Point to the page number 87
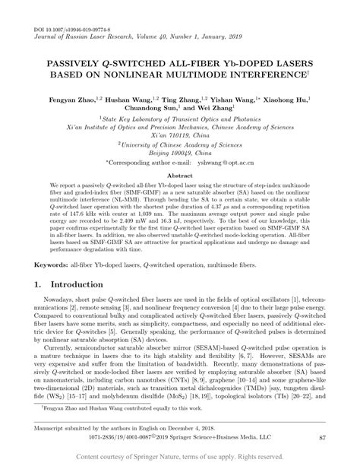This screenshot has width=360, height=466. [x=322, y=439]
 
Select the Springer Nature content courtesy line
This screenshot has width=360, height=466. [x=179, y=456]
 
